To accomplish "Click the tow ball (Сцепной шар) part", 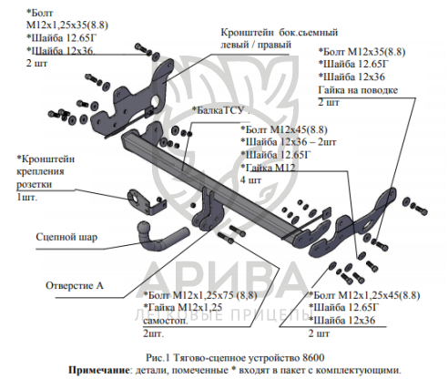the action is click(158, 239).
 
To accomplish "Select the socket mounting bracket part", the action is click(146, 203).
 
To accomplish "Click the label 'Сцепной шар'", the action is click(66, 237).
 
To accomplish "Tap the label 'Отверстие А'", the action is click(75, 285).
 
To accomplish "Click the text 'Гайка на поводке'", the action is click(358, 90).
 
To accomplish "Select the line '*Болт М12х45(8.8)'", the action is click(284, 129).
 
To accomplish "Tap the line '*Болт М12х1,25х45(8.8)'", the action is click(364, 295).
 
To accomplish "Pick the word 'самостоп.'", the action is click(166, 321).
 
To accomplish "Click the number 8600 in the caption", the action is click(313, 357).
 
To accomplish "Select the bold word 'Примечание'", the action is click(99, 370).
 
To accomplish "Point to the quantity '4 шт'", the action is click(250, 179).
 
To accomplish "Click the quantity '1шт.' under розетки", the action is click(26, 198).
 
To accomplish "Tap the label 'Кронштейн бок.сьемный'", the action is click(280, 32).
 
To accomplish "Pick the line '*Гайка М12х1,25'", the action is click(183, 307).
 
